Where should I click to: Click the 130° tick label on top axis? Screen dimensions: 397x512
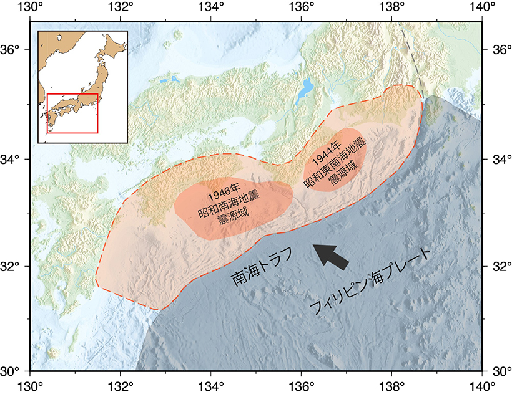click(x=31, y=7)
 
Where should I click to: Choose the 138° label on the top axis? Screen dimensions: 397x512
click(x=391, y=7)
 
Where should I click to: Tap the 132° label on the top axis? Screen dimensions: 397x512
click(x=121, y=7)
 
